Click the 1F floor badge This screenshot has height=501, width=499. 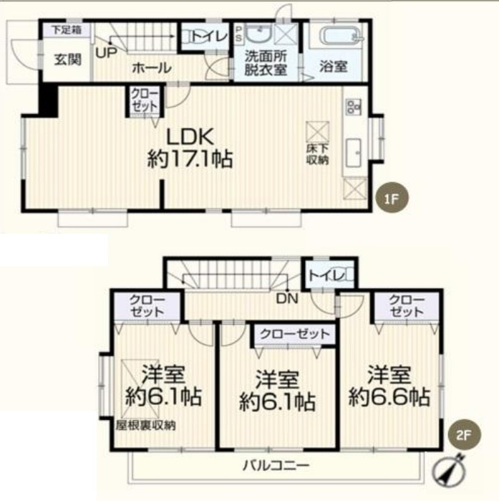tap(392, 199)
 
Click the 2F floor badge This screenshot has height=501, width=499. tap(464, 435)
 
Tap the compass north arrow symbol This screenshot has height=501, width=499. tap(449, 469)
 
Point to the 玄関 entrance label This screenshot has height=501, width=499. tap(67, 59)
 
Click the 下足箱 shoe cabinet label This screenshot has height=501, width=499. tap(67, 30)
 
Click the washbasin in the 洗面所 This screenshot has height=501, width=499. tap(259, 34)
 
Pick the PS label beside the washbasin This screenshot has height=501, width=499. tap(239, 34)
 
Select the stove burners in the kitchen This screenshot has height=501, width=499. tap(354, 107)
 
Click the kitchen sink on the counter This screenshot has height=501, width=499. tap(354, 153)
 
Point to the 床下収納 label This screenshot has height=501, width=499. tap(318, 154)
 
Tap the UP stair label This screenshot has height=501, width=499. tap(106, 53)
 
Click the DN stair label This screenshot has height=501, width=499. tap(287, 298)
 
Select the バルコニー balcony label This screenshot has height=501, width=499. tap(276, 465)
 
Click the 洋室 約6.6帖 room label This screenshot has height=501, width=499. tap(389, 386)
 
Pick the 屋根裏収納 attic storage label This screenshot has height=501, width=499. tap(145, 425)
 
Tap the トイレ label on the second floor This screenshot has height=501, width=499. tap(326, 275)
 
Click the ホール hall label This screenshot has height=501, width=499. tap(151, 68)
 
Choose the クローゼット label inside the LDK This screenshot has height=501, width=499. tap(145, 100)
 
